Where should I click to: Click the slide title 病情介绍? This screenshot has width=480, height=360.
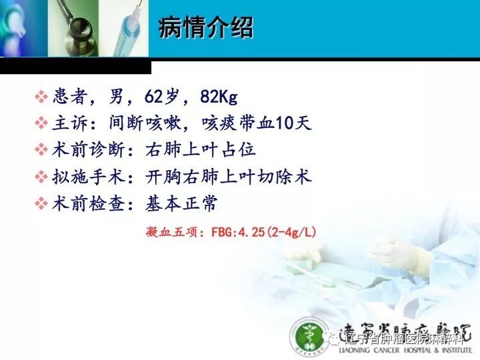click(206, 29)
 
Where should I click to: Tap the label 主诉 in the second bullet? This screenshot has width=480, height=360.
click(68, 124)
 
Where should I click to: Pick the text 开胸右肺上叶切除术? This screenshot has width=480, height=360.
click(229, 177)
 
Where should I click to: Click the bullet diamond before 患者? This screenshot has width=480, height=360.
click(41, 97)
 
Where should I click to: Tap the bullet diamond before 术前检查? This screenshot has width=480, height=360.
click(41, 204)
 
